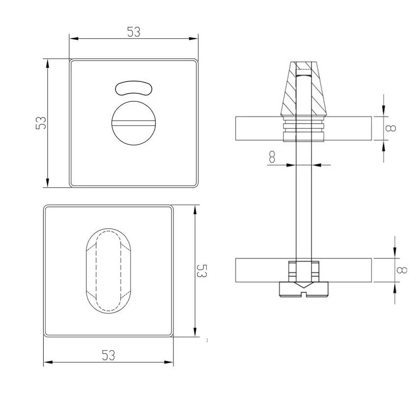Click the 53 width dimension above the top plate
tap(133, 32)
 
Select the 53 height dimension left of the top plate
tap(41, 122)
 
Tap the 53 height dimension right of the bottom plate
tap(202, 271)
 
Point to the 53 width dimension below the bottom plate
tap(109, 355)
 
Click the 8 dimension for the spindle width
tap(272, 157)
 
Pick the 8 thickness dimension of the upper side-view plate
tap(391, 128)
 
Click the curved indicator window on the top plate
tap(133, 88)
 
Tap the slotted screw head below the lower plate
tap(304, 289)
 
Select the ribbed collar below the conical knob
tap(304, 129)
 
